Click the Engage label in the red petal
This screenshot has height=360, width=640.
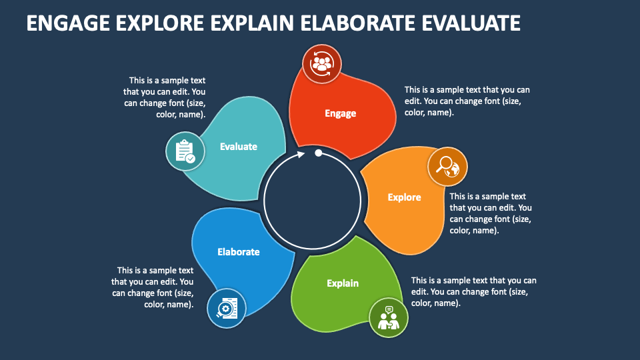click(340, 113)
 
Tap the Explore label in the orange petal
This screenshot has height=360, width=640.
click(404, 197)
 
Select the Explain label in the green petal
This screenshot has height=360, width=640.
click(343, 283)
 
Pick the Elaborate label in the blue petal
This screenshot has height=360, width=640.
click(238, 252)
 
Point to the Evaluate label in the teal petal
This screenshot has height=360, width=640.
click(238, 147)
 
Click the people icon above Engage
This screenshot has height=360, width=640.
click(322, 64)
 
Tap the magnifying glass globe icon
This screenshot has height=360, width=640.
click(447, 166)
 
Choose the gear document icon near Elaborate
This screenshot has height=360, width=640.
click(226, 308)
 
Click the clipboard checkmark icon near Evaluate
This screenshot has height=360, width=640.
click(185, 152)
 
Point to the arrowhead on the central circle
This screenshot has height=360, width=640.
click(301, 154)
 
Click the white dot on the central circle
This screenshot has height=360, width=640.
click(319, 153)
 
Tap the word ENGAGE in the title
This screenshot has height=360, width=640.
click(69, 23)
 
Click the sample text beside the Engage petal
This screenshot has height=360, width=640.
click(467, 101)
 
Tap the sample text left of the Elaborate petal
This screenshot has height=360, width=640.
click(153, 287)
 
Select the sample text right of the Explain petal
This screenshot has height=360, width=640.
click(473, 291)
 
